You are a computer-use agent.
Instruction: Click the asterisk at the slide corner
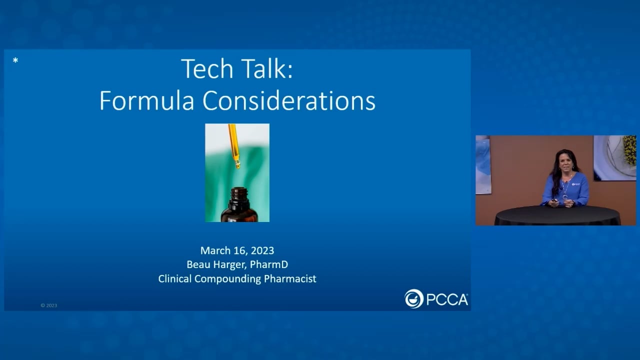pyautogui.click(x=15, y=61)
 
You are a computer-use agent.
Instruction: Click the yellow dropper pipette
pyautogui.click(x=234, y=145)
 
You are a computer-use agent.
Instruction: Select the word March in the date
pyautogui.click(x=214, y=250)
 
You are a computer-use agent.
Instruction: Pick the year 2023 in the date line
pyautogui.click(x=262, y=250)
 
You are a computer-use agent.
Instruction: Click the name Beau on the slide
pyautogui.click(x=197, y=264)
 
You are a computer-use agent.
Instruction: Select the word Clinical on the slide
pyautogui.click(x=174, y=279)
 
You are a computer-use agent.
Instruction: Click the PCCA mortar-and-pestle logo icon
pyautogui.click(x=414, y=299)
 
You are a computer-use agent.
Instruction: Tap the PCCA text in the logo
pyautogui.click(x=447, y=299)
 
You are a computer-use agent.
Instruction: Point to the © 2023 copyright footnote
pyautogui.click(x=49, y=305)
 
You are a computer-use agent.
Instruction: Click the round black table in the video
pyautogui.click(x=557, y=215)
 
